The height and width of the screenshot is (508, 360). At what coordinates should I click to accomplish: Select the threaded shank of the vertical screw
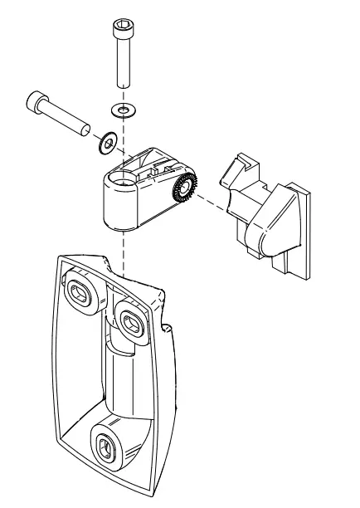(123, 66)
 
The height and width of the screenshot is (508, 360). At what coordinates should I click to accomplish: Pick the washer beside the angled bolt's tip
(105, 144)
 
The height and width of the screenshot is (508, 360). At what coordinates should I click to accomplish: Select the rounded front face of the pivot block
(116, 203)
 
